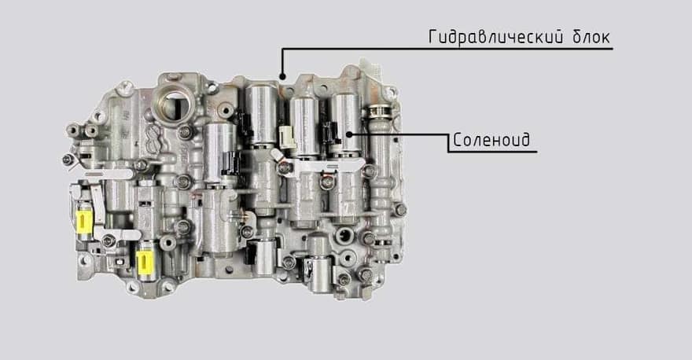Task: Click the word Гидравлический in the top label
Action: click(x=496, y=37)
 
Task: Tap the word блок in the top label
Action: click(x=591, y=37)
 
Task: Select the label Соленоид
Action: click(x=491, y=140)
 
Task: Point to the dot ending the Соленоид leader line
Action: click(x=349, y=134)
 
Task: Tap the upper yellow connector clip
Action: click(x=84, y=221)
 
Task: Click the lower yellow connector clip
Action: click(x=145, y=263)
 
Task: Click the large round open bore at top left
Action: click(x=175, y=106)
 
